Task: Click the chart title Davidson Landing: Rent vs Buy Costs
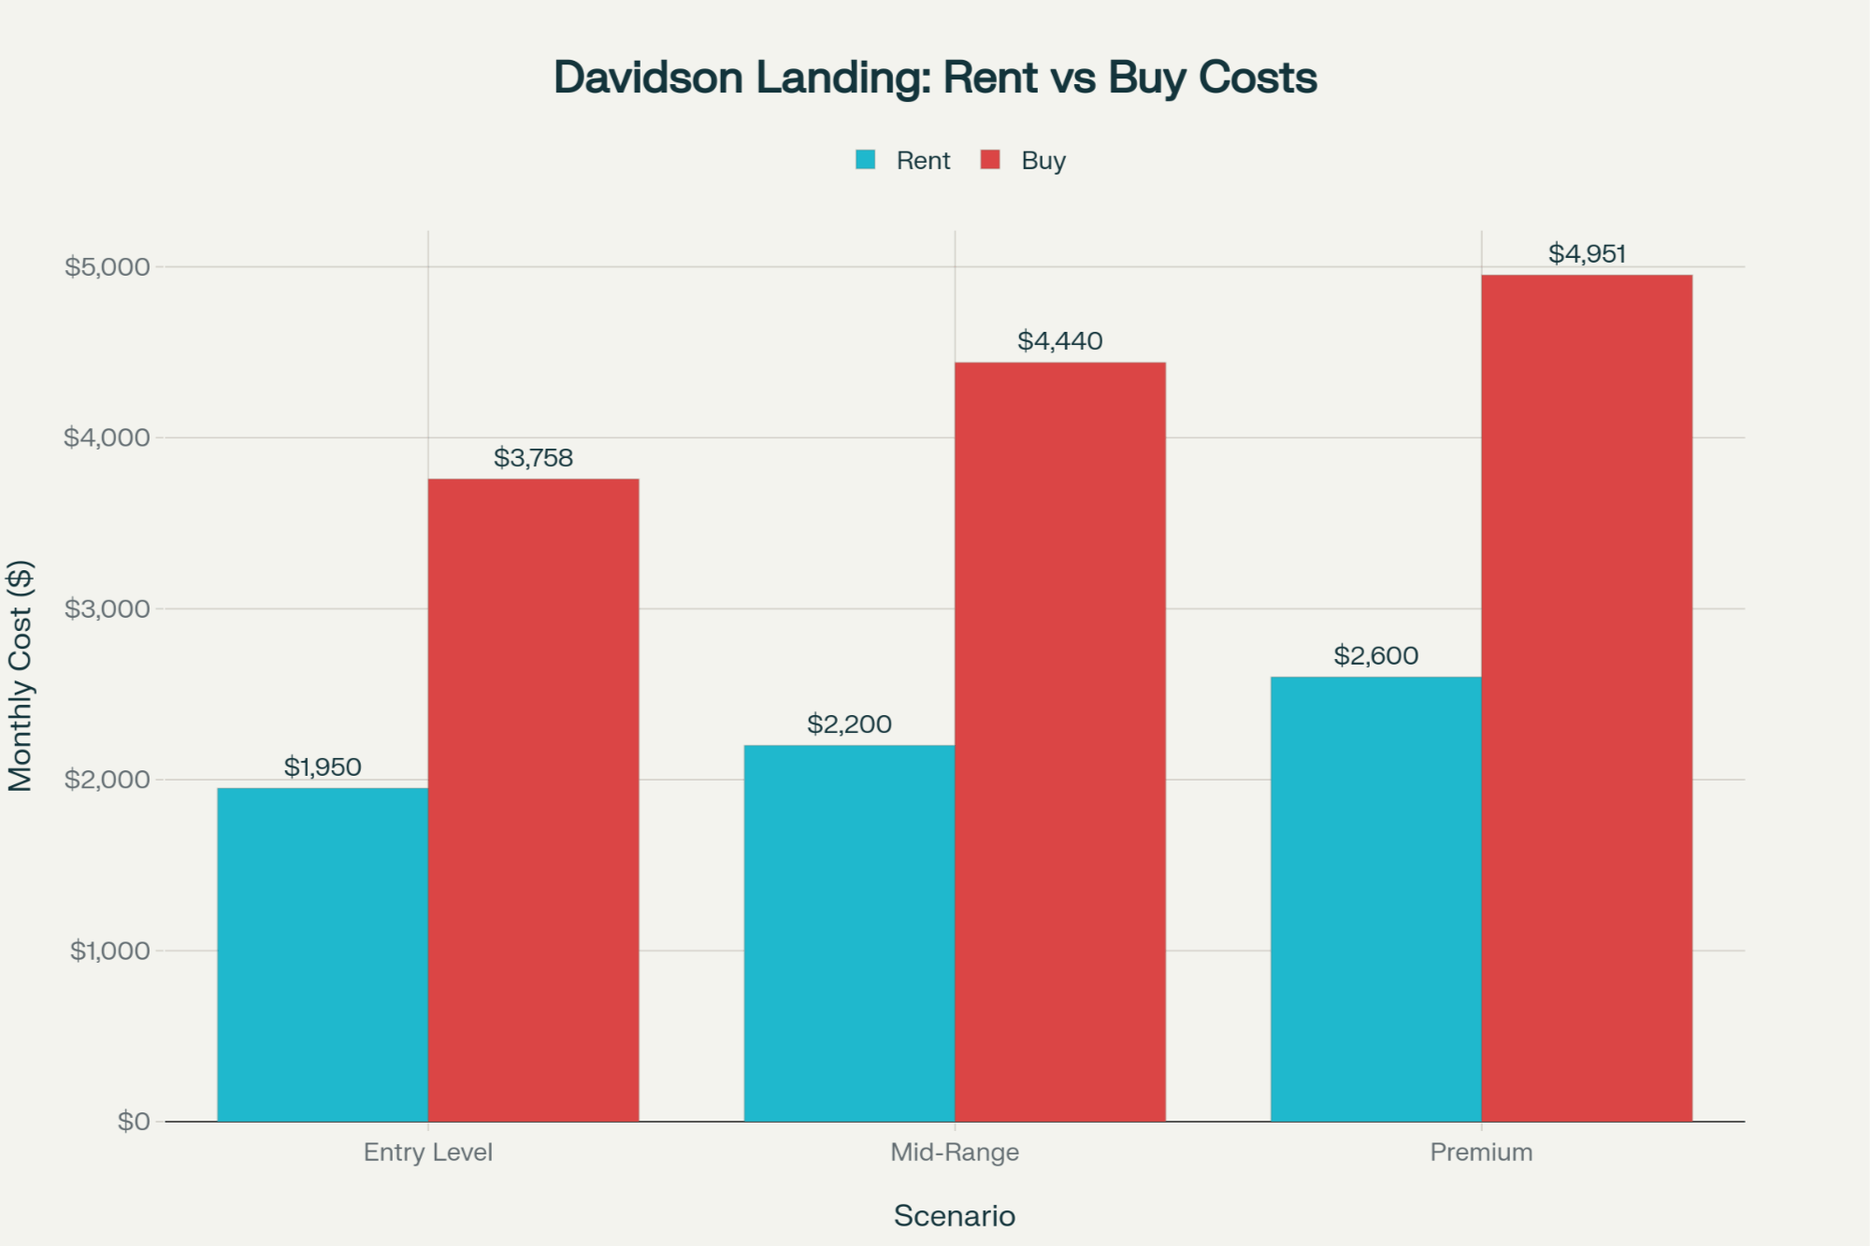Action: coord(935,78)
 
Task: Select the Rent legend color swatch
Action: coord(866,160)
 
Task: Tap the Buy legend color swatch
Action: coord(990,160)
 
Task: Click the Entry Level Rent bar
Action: coord(323,954)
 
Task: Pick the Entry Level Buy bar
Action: coord(533,800)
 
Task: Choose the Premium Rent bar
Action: coord(1375,898)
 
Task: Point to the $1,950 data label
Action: coord(323,767)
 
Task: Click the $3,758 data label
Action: coord(533,458)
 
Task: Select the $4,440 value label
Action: coord(1059,341)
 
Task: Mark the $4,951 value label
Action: coord(1587,254)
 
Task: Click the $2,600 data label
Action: coord(1375,656)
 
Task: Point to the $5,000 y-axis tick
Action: coord(107,267)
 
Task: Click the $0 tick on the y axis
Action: coord(133,1122)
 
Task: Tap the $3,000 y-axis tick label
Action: coord(107,609)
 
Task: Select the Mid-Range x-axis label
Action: coord(955,1153)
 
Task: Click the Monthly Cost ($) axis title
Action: coord(21,676)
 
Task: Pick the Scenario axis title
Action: coord(954,1216)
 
